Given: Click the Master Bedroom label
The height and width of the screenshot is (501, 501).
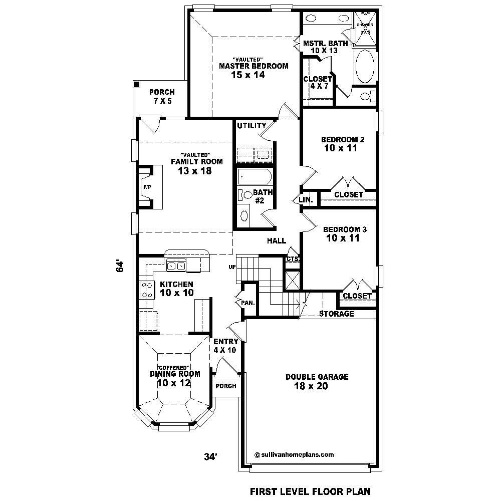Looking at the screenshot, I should click(254, 66).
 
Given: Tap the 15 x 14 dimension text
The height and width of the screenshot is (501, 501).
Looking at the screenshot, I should click(247, 75).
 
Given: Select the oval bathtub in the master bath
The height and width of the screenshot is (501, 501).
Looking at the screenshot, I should click(364, 67).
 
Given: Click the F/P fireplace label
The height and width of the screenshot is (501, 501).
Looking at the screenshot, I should click(147, 187).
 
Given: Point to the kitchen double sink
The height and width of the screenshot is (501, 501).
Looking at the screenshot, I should click(176, 267).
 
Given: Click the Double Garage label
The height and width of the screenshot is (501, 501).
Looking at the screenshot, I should click(317, 377).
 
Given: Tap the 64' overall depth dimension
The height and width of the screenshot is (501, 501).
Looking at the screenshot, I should click(120, 266).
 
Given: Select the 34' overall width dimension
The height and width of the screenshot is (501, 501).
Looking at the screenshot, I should click(210, 456).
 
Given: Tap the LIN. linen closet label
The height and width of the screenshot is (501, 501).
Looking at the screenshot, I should click(306, 199).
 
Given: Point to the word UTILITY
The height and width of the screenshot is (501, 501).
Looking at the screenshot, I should click(252, 125).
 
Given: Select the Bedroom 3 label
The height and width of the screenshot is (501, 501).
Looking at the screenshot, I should click(345, 229).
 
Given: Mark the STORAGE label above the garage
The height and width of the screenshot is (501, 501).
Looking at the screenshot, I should click(337, 314).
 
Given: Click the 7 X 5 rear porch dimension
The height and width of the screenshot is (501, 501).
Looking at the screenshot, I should click(162, 101).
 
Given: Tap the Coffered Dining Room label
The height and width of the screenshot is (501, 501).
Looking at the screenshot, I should click(175, 374).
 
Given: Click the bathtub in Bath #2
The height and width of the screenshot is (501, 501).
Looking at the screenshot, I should click(255, 177).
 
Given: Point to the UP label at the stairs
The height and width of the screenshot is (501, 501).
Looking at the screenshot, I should click(232, 267).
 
